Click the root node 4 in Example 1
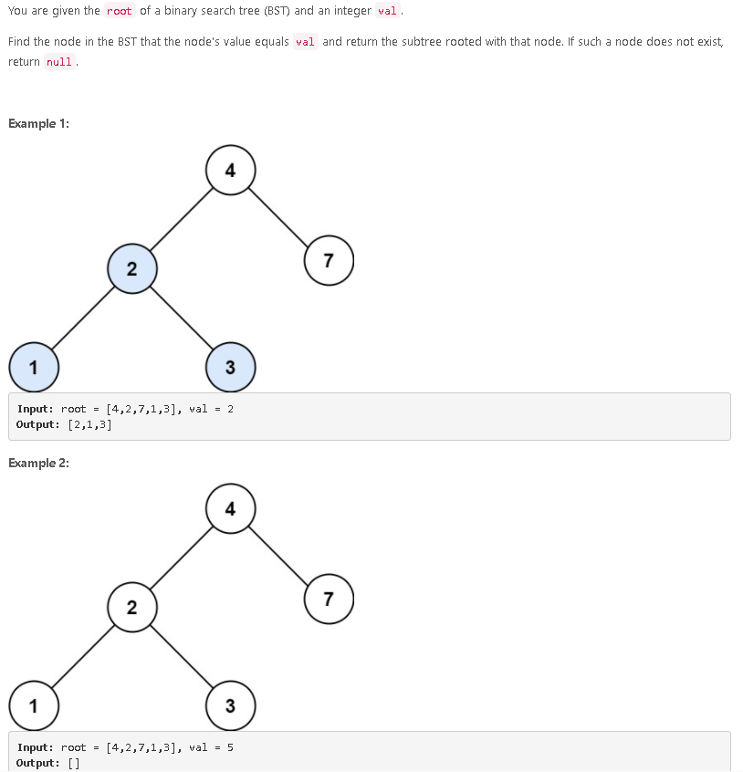pyautogui.click(x=230, y=170)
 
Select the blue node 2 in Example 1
pyautogui.click(x=131, y=268)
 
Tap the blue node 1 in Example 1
pyautogui.click(x=34, y=367)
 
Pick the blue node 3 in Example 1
pyautogui.click(x=230, y=367)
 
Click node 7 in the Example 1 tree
pyautogui.click(x=329, y=261)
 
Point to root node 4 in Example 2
pyautogui.click(x=230, y=508)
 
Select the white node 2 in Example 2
pyautogui.click(x=131, y=607)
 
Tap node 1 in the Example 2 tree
pyautogui.click(x=34, y=705)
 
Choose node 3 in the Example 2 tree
pyautogui.click(x=230, y=705)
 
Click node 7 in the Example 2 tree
pyautogui.click(x=329, y=600)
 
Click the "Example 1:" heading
pyautogui.click(x=38, y=124)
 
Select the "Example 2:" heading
pyautogui.click(x=38, y=463)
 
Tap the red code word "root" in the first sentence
pyautogui.click(x=119, y=11)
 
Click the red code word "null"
pyautogui.click(x=59, y=62)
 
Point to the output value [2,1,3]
pyautogui.click(x=89, y=424)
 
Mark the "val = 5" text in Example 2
pyautogui.click(x=211, y=747)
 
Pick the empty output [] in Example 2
pyautogui.click(x=74, y=763)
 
